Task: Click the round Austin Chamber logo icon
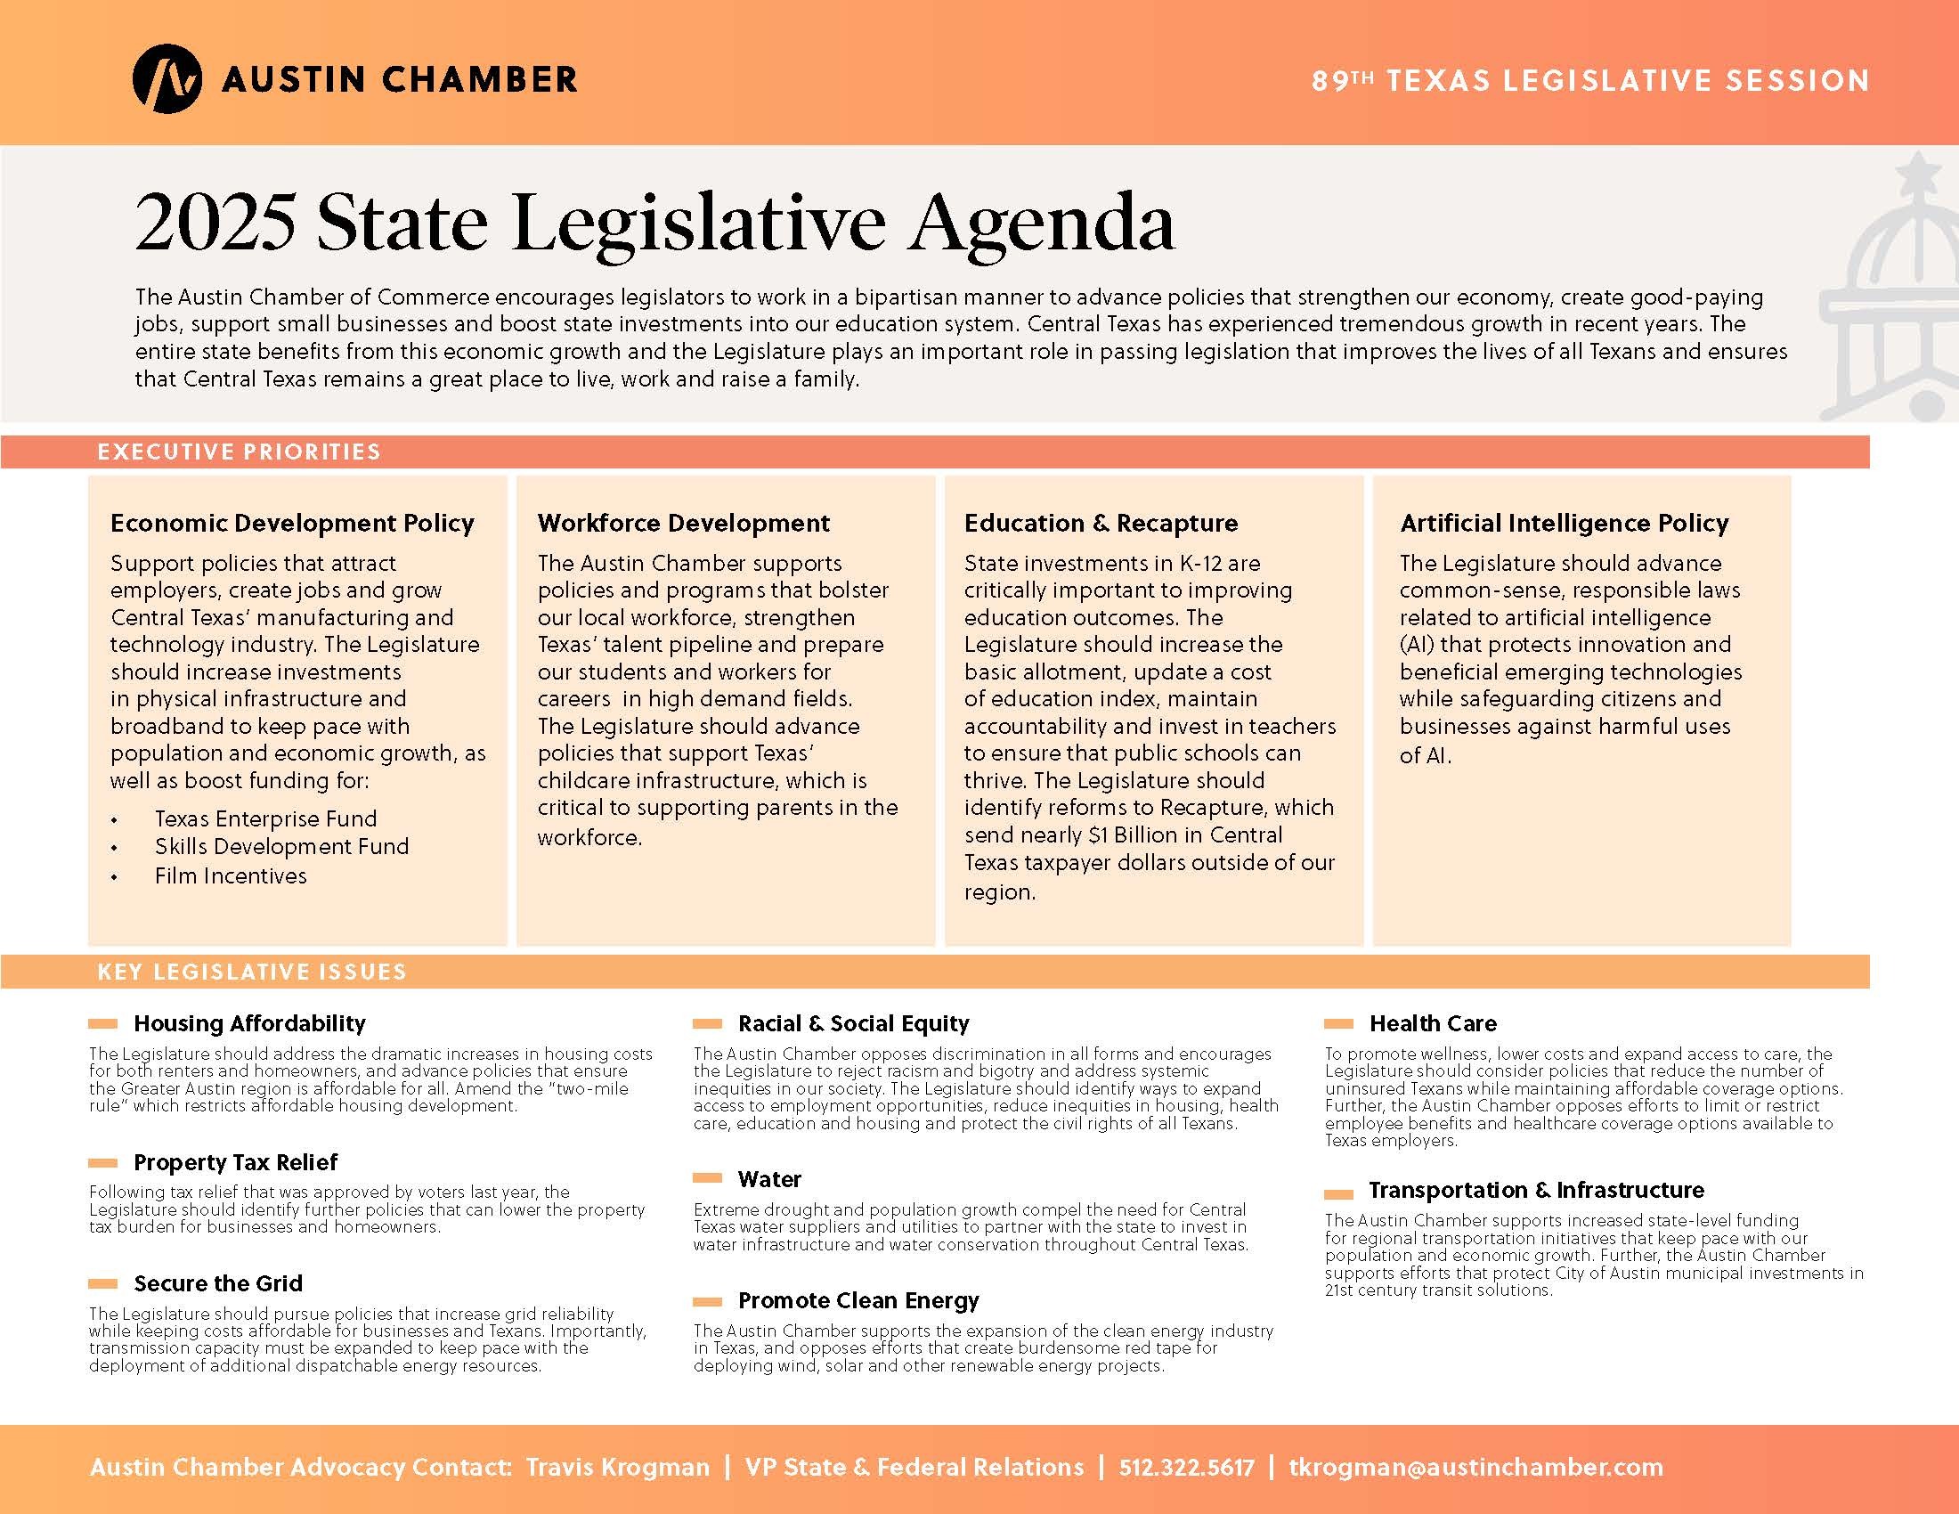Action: click(x=167, y=79)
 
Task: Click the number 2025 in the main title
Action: click(x=215, y=223)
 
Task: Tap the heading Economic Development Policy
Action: click(x=292, y=523)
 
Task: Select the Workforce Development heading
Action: click(x=684, y=523)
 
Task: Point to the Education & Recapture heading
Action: click(x=1101, y=523)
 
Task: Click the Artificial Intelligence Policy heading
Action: click(x=1565, y=523)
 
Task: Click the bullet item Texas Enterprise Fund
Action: click(x=265, y=818)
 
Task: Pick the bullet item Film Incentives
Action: click(x=231, y=876)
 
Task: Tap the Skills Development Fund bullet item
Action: click(x=281, y=847)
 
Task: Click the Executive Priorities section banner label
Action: click(x=239, y=452)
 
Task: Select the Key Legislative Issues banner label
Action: click(x=252, y=973)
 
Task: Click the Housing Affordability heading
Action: click(x=249, y=1023)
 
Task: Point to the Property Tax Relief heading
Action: click(x=235, y=1162)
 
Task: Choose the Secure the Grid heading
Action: click(x=218, y=1283)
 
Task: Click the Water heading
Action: click(x=769, y=1179)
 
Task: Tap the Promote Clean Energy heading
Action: click(x=858, y=1300)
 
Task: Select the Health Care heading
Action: click(x=1433, y=1023)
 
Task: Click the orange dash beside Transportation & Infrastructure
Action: click(x=1338, y=1194)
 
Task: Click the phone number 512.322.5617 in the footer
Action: click(x=1187, y=1468)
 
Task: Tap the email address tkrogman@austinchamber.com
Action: click(x=1475, y=1468)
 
